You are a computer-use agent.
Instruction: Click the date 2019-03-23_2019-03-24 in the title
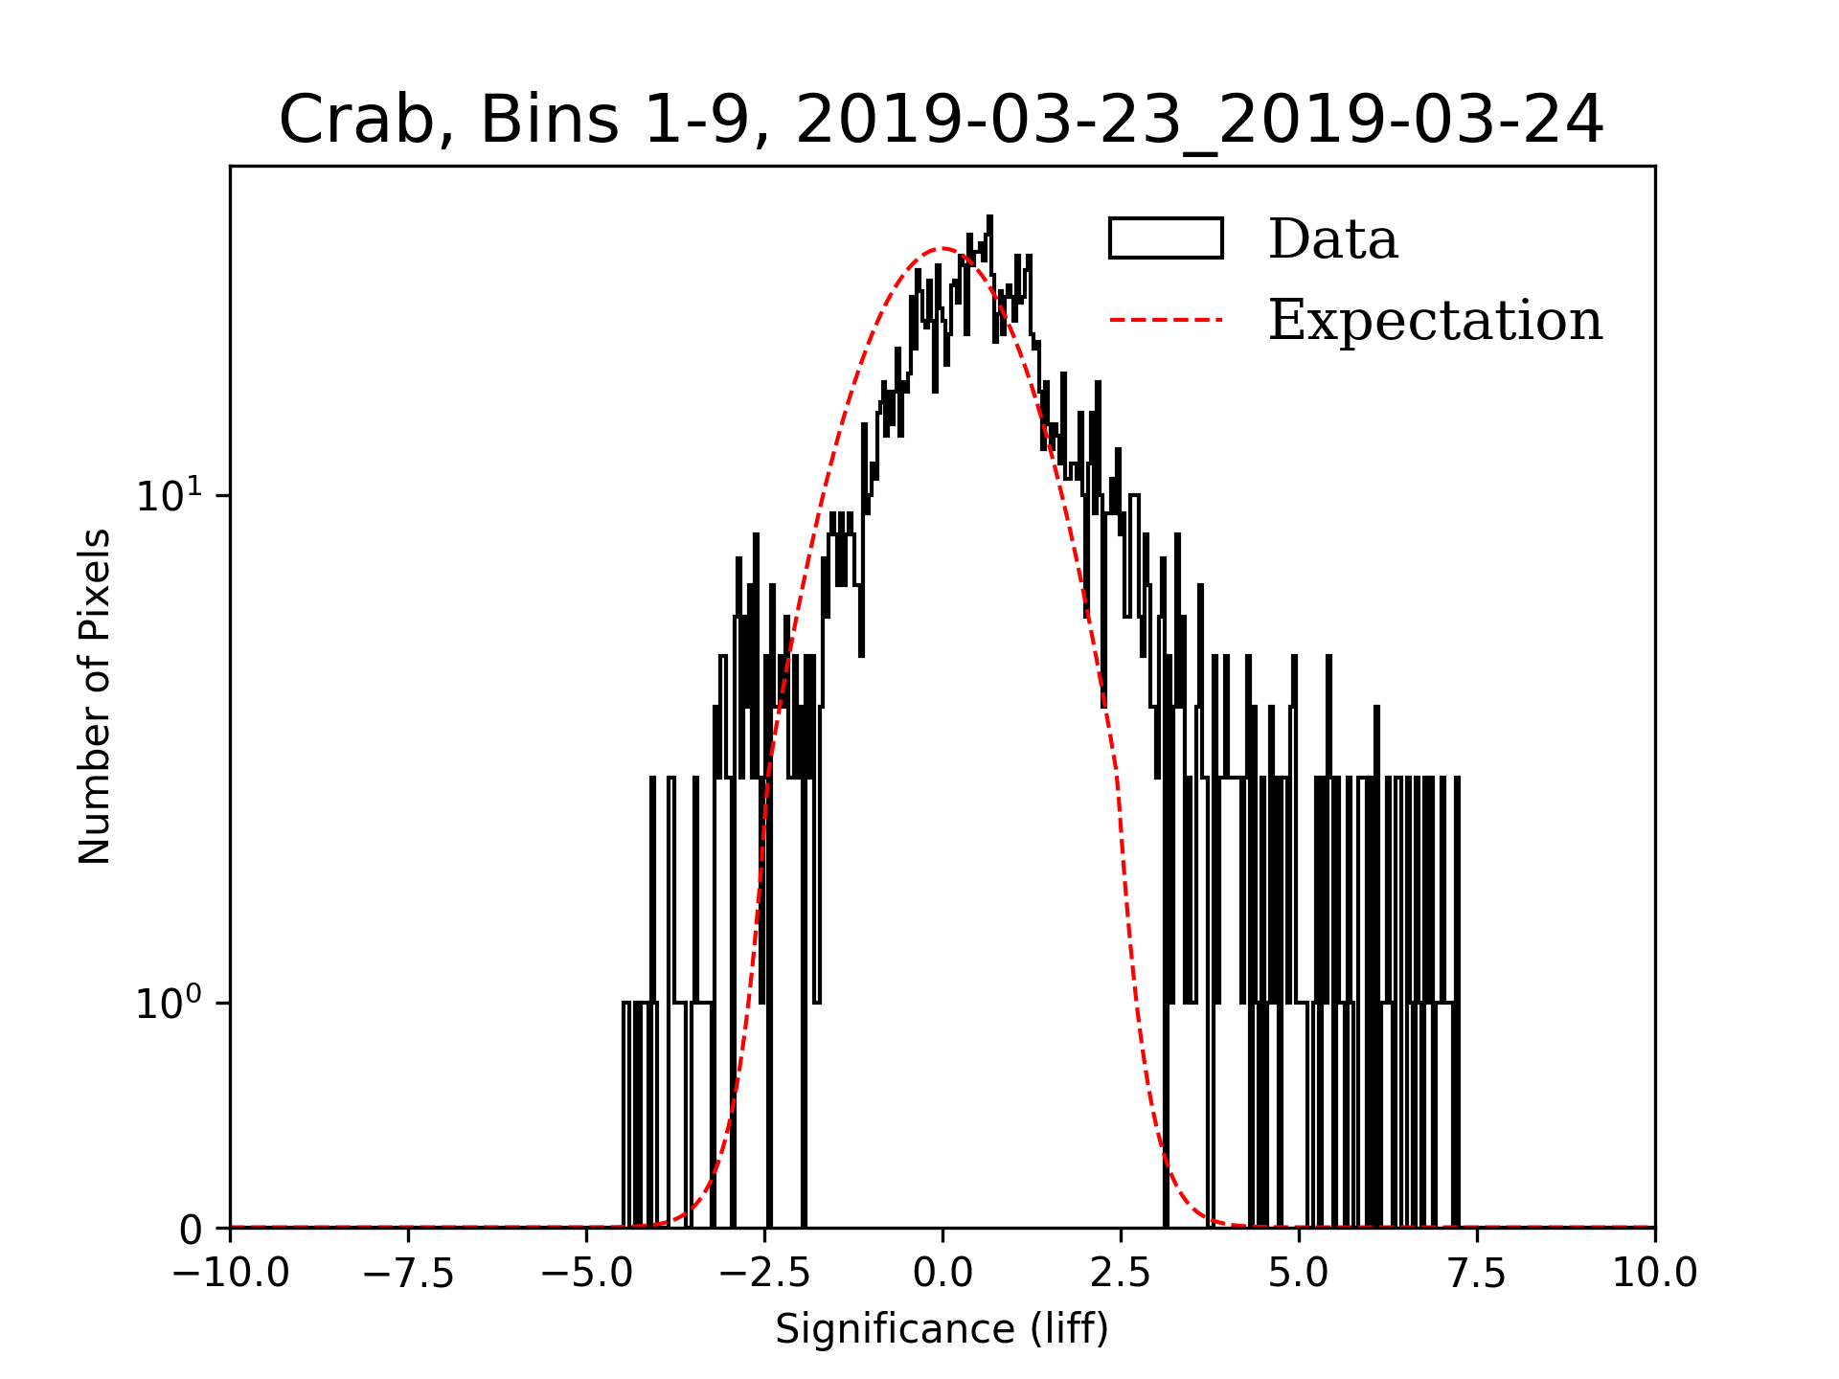(x=1199, y=121)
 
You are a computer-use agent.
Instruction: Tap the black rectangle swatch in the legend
(x=1166, y=238)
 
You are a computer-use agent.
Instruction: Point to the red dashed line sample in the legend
(x=1166, y=320)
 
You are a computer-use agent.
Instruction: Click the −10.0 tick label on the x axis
(x=231, y=1274)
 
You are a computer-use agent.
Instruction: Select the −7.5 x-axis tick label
(x=409, y=1274)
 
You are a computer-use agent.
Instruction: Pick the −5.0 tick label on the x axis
(x=587, y=1274)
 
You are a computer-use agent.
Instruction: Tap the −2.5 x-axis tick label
(x=765, y=1274)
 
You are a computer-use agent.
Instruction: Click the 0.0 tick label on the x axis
(x=942, y=1274)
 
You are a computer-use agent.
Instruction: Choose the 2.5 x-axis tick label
(x=1121, y=1274)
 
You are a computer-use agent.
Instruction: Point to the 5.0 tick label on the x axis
(x=1299, y=1274)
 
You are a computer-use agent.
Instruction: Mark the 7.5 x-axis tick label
(x=1477, y=1274)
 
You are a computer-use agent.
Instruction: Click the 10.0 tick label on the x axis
(x=1655, y=1274)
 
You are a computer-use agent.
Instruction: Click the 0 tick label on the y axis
(x=192, y=1230)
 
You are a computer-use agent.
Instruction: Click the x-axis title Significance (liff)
(x=942, y=1329)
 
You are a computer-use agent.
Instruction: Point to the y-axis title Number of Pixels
(x=95, y=696)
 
